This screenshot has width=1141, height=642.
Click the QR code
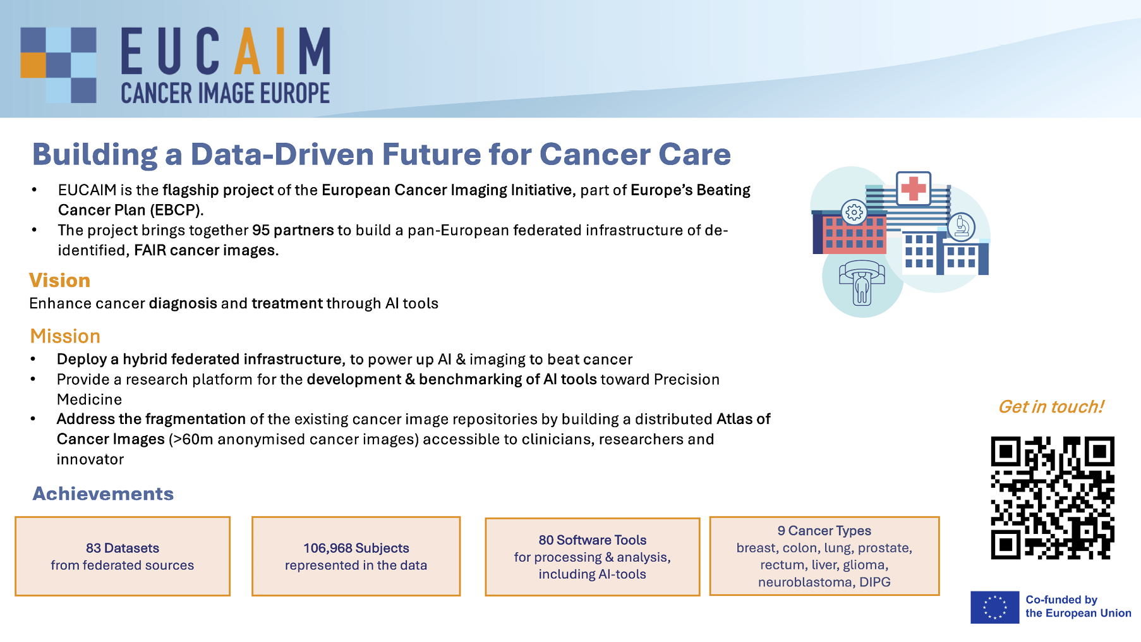point(1053,498)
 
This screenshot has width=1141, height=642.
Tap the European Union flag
point(994,607)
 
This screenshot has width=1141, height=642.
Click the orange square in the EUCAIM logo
point(33,64)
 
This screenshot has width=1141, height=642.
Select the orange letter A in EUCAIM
point(247,51)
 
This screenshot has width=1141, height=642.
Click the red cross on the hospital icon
point(913,188)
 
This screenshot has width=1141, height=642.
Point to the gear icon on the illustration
point(854,212)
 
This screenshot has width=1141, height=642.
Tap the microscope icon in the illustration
point(962,226)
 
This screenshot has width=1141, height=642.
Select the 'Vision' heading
point(60,281)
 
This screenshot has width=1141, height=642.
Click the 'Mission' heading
point(65,336)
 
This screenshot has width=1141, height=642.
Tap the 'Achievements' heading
point(103,494)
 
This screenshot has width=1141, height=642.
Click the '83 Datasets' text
point(123,548)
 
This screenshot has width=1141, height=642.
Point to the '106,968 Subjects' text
point(356,548)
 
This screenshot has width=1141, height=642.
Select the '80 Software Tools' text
point(593,540)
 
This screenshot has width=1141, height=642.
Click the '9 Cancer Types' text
point(824,531)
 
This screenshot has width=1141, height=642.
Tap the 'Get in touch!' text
point(1051,407)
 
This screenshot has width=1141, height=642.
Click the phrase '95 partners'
point(293,230)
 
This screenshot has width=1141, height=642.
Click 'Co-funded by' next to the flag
point(1061,600)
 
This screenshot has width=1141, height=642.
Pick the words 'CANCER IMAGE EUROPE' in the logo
point(226,94)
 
